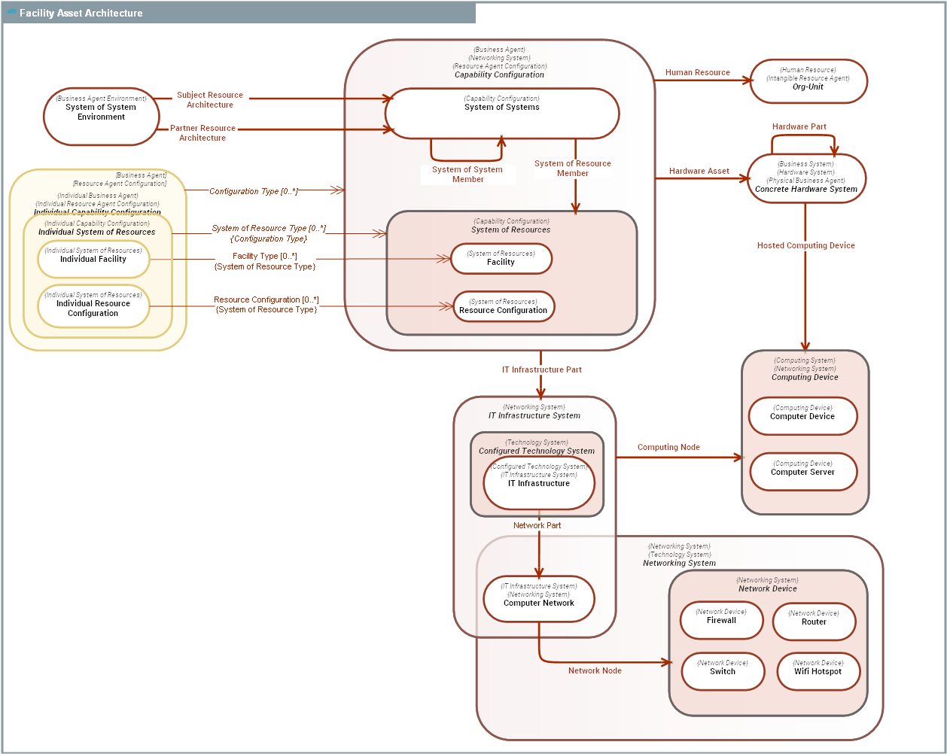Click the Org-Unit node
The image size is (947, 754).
pyautogui.click(x=808, y=81)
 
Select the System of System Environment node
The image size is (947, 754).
pyautogui.click(x=101, y=117)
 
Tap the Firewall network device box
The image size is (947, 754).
pyautogui.click(x=721, y=620)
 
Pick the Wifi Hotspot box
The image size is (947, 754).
pyautogui.click(x=818, y=670)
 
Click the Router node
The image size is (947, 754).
pyautogui.click(x=814, y=621)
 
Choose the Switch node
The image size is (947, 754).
pyautogui.click(x=723, y=670)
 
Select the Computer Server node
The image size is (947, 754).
pyautogui.click(x=802, y=472)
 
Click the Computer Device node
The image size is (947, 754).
pyautogui.click(x=802, y=416)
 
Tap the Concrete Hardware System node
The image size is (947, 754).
pyautogui.click(x=805, y=179)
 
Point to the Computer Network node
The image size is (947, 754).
pyautogui.click(x=539, y=599)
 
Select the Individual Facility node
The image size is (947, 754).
pyautogui.click(x=93, y=259)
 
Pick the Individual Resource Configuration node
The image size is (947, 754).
pyautogui.click(x=93, y=307)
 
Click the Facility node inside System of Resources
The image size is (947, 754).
pyautogui.click(x=501, y=259)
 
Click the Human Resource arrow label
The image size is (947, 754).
pyautogui.click(x=697, y=72)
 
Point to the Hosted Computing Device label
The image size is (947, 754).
pyautogui.click(x=805, y=245)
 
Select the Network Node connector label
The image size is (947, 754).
pyautogui.click(x=595, y=670)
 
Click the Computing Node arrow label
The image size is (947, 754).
pyautogui.click(x=668, y=447)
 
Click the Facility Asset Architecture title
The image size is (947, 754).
pyautogui.click(x=81, y=13)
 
